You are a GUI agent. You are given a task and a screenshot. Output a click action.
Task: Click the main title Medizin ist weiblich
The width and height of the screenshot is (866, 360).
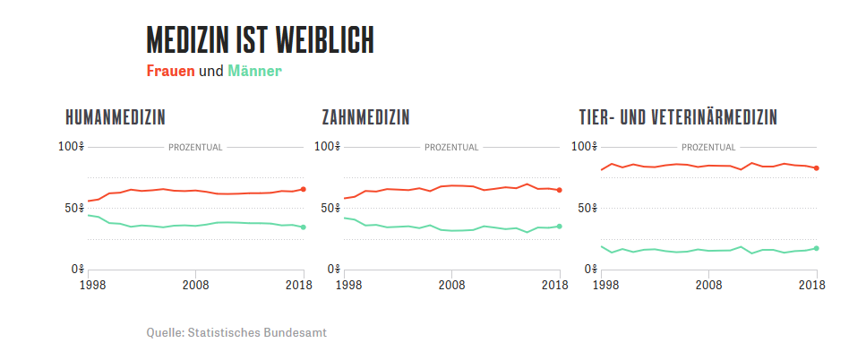pos(260,40)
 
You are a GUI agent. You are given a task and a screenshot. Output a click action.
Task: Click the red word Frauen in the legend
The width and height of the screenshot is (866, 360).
pos(170,71)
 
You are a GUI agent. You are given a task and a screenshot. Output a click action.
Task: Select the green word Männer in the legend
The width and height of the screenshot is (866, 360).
pos(254,71)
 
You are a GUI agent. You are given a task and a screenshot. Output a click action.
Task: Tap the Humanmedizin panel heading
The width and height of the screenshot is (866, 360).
pos(116,117)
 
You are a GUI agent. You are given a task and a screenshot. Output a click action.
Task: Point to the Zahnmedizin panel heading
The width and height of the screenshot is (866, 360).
pos(365,117)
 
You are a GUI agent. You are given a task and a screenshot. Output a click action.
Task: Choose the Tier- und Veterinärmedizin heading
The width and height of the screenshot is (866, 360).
pos(678,117)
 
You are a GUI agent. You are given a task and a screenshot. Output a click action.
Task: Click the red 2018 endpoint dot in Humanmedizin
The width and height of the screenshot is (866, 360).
pos(304,189)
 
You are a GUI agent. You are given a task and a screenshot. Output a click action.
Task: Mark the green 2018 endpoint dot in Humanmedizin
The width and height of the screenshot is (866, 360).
pos(304,227)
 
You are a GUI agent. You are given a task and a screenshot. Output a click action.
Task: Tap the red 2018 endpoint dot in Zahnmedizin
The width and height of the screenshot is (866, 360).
pos(560,190)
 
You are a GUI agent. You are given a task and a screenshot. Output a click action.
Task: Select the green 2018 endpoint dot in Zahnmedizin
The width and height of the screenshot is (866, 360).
pos(560,226)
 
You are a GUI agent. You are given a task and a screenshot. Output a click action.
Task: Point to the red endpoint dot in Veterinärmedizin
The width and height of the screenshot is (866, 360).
pos(817,168)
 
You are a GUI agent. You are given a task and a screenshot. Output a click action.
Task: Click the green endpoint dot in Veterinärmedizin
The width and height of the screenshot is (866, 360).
pos(817,248)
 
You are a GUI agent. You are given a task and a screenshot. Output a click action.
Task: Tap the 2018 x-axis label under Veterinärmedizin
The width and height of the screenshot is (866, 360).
pos(812,285)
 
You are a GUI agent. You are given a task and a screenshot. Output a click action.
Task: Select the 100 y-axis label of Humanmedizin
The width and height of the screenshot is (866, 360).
pos(69,147)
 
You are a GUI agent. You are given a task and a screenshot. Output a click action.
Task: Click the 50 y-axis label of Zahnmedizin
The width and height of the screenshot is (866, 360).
pos(329,209)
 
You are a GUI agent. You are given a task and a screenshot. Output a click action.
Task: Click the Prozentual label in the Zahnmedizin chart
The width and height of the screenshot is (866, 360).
pos(450,147)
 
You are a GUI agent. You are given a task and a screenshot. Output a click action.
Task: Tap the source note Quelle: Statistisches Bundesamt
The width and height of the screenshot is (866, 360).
pos(236,332)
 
